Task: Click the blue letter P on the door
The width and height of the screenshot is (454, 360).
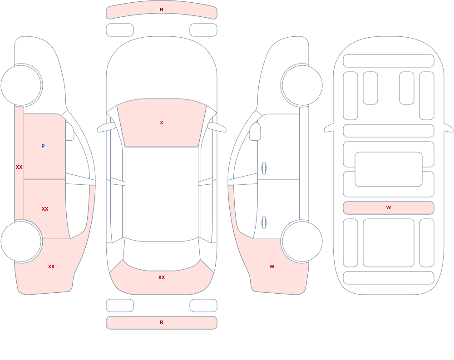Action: pyautogui.click(x=43, y=146)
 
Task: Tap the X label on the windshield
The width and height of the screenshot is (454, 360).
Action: pyautogui.click(x=162, y=123)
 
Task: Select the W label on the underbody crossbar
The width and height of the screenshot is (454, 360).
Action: pyautogui.click(x=389, y=207)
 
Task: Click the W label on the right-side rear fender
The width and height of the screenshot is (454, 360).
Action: pyautogui.click(x=272, y=267)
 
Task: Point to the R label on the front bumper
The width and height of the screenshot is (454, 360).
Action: pyautogui.click(x=162, y=10)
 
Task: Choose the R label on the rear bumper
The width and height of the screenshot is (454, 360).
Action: pyautogui.click(x=162, y=323)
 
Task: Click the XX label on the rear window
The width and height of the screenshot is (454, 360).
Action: pyautogui.click(x=162, y=277)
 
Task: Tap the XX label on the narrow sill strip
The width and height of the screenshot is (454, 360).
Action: pyautogui.click(x=19, y=167)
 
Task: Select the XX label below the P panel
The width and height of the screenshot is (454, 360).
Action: pyautogui.click(x=45, y=209)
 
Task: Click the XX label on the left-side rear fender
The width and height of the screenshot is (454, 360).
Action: pyautogui.click(x=51, y=266)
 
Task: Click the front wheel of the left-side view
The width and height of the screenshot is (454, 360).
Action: pyautogui.click(x=21, y=85)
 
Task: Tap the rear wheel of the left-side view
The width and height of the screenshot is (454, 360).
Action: pyautogui.click(x=21, y=241)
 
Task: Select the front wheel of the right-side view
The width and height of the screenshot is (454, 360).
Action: pyautogui.click(x=302, y=85)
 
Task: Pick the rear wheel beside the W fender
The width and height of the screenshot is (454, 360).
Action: pyautogui.click(x=302, y=241)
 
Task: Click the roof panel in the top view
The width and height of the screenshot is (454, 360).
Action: pyautogui.click(x=162, y=194)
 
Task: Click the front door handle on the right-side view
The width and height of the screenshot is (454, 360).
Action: pyautogui.click(x=264, y=168)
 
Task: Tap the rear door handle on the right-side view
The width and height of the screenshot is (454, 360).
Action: pyautogui.click(x=264, y=223)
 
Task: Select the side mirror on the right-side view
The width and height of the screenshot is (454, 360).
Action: pyautogui.click(x=255, y=132)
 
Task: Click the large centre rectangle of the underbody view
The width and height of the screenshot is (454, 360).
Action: pyautogui.click(x=389, y=169)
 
